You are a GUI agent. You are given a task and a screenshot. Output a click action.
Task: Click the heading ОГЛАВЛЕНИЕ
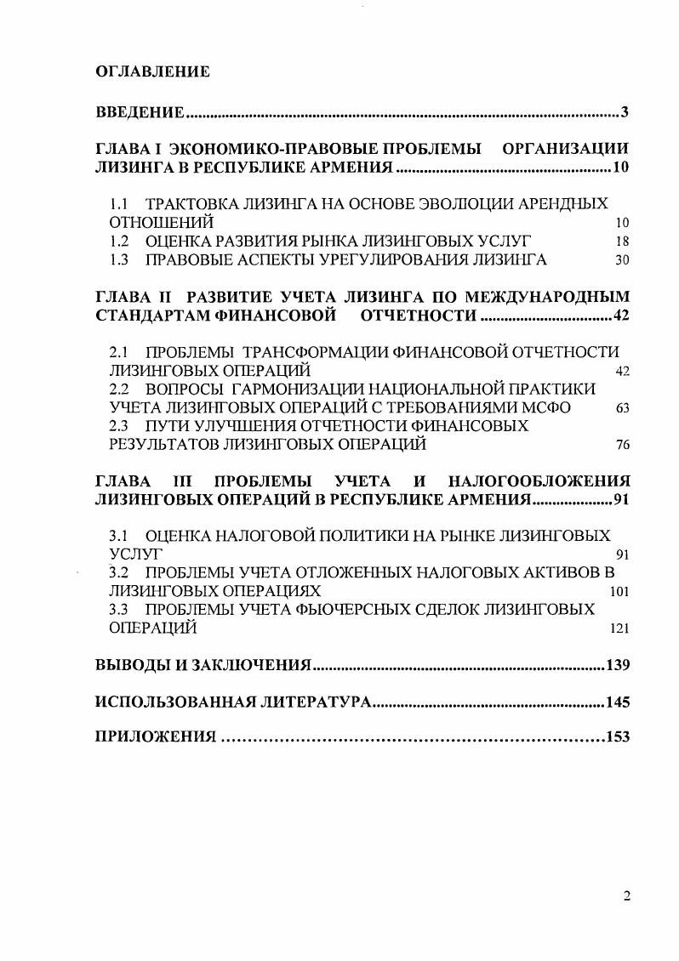pyautogui.click(x=152, y=72)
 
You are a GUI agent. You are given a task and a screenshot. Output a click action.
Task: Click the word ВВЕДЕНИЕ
pyautogui.click(x=140, y=113)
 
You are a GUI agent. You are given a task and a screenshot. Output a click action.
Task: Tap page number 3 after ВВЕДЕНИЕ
pyautogui.click(x=624, y=113)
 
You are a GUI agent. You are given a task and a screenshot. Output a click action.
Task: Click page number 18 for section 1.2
pyautogui.click(x=622, y=242)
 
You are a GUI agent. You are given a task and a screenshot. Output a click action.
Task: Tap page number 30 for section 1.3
pyautogui.click(x=622, y=260)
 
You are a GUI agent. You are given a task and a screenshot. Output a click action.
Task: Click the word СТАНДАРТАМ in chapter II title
pyautogui.click(x=150, y=316)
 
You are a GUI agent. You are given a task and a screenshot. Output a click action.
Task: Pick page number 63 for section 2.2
pyautogui.click(x=622, y=408)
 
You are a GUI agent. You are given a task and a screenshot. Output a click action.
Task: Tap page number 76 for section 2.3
pyautogui.click(x=622, y=445)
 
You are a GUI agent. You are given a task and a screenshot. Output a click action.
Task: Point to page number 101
pyautogui.click(x=619, y=592)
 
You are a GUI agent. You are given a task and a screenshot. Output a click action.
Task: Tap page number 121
pyautogui.click(x=619, y=628)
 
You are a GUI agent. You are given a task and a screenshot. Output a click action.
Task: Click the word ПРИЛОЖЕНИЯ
pyautogui.click(x=156, y=737)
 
